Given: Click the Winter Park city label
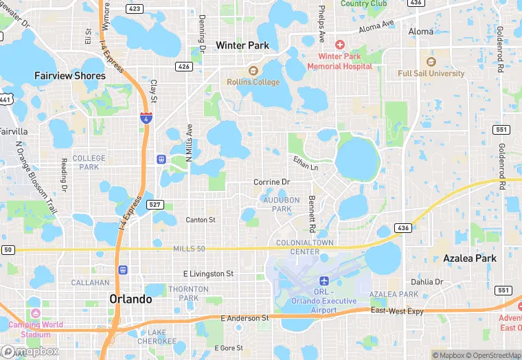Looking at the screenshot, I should tap(242, 45).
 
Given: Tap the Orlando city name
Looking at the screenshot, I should tap(130, 299).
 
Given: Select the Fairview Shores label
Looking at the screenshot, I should tap(70, 76).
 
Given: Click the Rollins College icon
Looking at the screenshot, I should tap(253, 71).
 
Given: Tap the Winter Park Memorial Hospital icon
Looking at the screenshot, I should tap(339, 44).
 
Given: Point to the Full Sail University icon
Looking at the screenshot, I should tap(431, 62).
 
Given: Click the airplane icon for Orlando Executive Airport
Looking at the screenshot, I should tap(324, 282).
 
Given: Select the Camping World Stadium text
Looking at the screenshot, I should tap(36, 329).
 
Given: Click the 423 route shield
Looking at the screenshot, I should tap(135, 9).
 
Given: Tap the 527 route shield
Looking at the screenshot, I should tap(155, 205).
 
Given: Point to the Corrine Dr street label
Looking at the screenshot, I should tap(272, 182).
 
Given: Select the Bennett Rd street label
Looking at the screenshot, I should tap(312, 214).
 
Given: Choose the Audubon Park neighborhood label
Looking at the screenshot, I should tap(277, 204).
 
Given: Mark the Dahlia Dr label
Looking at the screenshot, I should tap(427, 282).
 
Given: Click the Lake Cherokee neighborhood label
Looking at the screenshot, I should tap(161, 337).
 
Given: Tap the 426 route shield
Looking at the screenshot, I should tap(183, 67).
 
